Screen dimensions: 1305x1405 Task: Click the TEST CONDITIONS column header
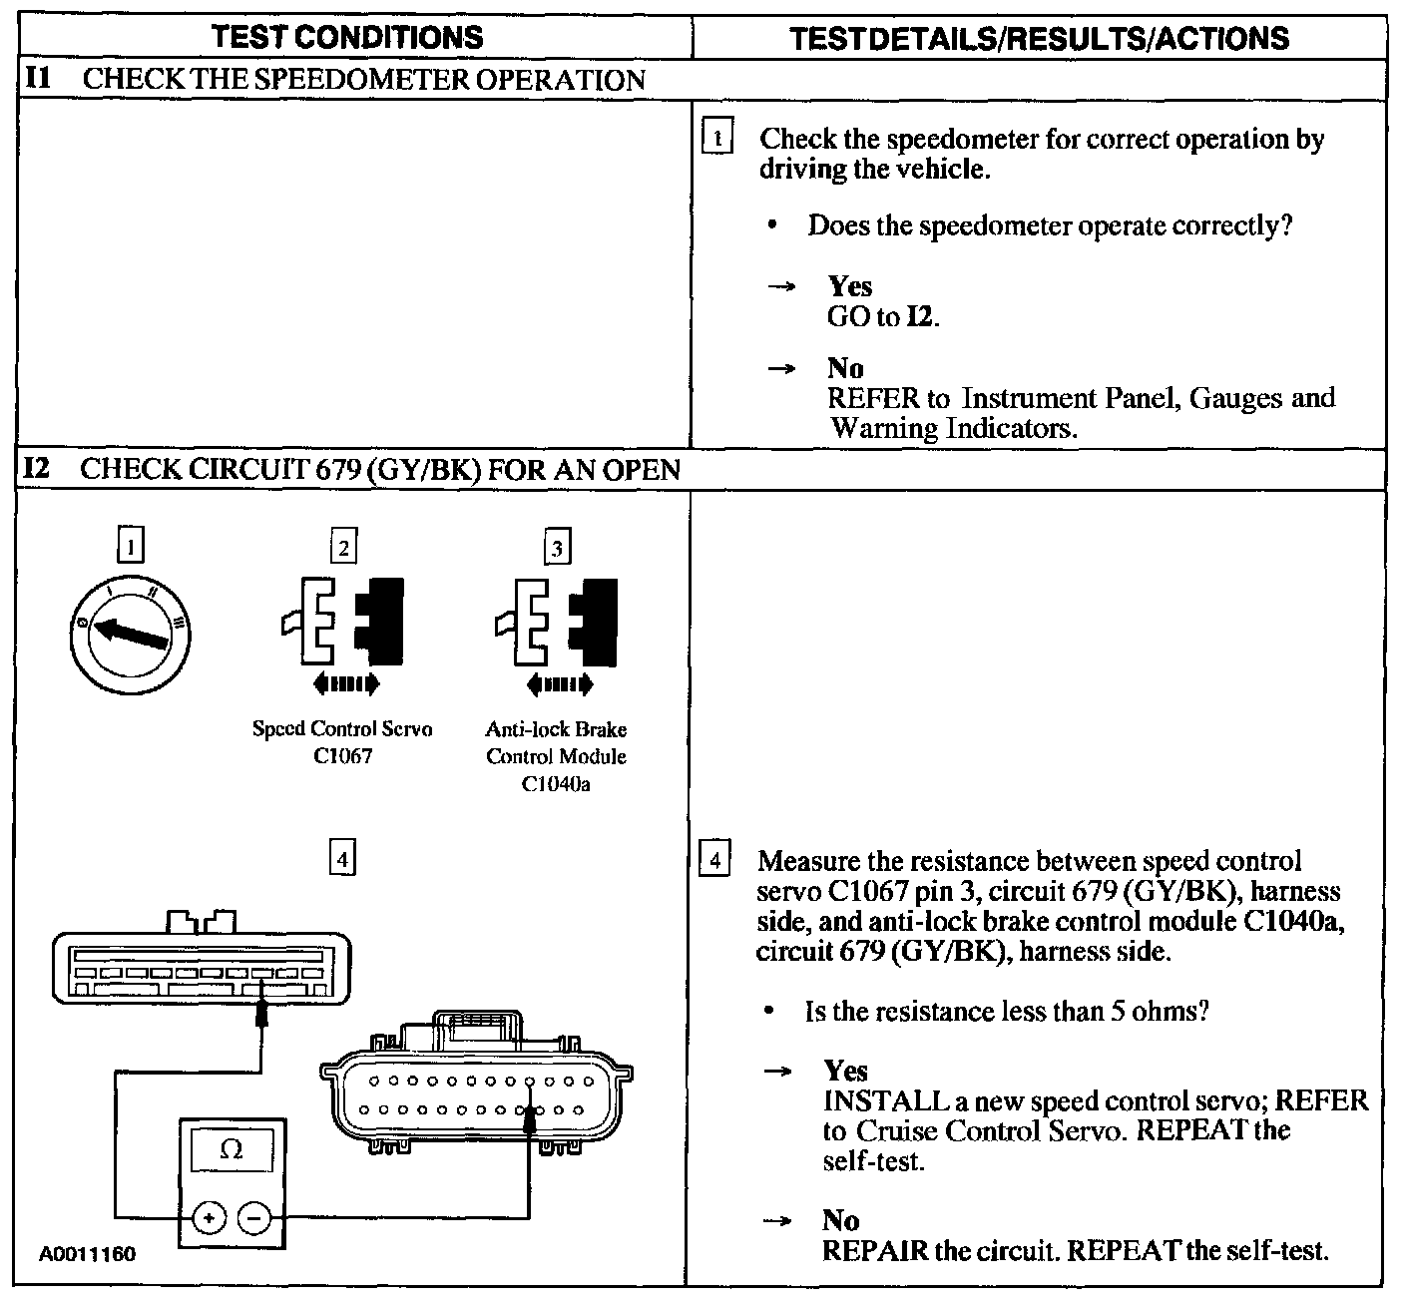point(347,38)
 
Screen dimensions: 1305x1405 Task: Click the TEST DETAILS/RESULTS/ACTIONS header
point(1039,38)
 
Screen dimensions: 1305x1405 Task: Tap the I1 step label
point(37,79)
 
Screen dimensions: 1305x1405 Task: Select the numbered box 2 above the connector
point(343,547)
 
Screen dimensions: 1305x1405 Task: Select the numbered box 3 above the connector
point(557,547)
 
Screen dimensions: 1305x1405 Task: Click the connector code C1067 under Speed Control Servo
point(342,756)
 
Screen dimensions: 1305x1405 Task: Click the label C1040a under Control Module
point(556,784)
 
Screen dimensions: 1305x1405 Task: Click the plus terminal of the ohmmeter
point(209,1218)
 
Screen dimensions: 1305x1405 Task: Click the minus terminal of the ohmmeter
point(254,1218)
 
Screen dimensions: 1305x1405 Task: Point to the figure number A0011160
point(88,1254)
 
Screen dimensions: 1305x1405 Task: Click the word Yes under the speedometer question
point(850,286)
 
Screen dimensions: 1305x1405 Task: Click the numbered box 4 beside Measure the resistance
point(714,859)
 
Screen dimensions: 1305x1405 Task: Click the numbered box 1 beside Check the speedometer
point(717,137)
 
